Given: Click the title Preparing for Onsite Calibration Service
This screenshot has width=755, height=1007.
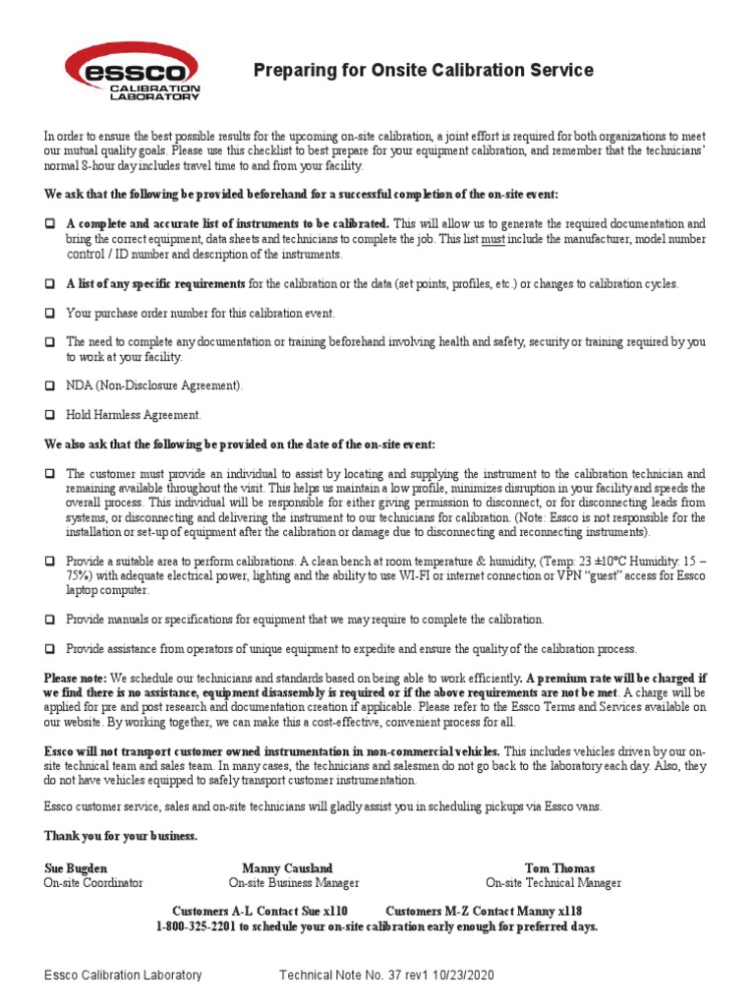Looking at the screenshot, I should point(423,70).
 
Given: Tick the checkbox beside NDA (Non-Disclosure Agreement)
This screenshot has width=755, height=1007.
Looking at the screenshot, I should point(48,385).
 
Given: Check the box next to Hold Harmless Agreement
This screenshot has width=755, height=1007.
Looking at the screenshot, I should point(48,414).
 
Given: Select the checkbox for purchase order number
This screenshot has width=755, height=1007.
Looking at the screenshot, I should point(48,313).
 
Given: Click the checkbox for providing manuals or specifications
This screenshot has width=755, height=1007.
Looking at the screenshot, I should point(48,620).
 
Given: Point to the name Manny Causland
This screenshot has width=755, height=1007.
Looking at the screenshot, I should point(287,868).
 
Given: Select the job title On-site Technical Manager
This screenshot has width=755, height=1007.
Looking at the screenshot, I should point(553,883).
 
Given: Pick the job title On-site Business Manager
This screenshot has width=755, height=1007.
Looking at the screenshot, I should point(294,883).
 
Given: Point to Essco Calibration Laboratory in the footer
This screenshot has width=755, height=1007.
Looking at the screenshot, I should point(123,976).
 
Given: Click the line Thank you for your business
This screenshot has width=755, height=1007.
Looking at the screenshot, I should point(120,836).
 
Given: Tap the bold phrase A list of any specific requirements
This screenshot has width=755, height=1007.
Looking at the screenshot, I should point(155,284).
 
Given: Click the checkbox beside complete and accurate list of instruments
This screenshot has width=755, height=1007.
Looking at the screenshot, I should point(48,224).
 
